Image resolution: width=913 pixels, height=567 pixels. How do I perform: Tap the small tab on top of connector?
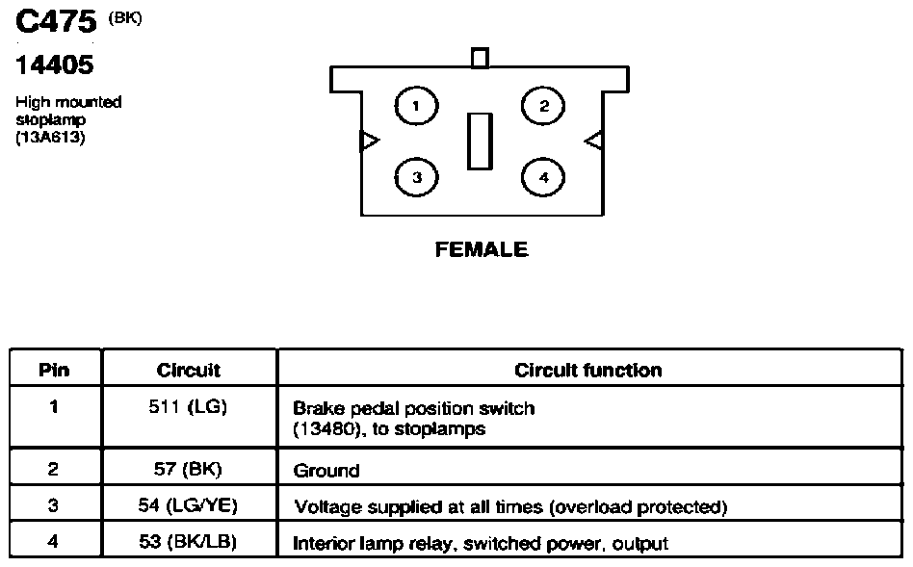click(480, 58)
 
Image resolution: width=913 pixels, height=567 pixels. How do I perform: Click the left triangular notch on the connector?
click(370, 141)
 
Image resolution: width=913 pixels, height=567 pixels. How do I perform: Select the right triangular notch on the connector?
click(593, 141)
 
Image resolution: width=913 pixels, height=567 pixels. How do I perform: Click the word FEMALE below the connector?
click(482, 249)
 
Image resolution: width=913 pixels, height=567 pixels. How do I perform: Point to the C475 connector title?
click(56, 21)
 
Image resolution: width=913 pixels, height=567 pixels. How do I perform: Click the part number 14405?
click(54, 64)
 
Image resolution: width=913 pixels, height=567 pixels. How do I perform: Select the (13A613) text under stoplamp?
click(50, 138)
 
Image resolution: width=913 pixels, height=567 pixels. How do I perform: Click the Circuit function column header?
click(588, 371)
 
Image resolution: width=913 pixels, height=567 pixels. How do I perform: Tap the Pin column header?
click(54, 371)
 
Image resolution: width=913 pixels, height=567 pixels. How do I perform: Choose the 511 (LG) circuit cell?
click(188, 406)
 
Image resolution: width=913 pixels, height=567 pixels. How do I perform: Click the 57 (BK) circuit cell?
click(188, 469)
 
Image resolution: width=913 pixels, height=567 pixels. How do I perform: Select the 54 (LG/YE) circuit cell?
click(188, 504)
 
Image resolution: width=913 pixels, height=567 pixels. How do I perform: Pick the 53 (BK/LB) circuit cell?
click(188, 541)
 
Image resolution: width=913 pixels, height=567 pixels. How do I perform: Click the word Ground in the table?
click(326, 471)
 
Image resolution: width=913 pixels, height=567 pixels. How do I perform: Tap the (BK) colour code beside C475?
click(125, 18)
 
